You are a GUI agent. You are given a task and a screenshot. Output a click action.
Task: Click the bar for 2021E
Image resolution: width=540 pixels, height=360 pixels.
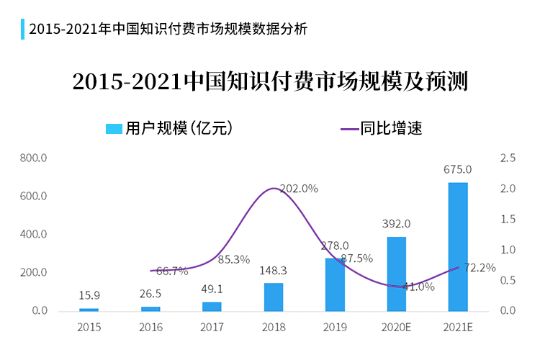click(458, 247)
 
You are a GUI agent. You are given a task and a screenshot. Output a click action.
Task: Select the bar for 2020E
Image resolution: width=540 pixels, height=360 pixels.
click(397, 274)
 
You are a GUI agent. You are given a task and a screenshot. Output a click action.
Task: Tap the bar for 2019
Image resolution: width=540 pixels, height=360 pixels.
click(335, 284)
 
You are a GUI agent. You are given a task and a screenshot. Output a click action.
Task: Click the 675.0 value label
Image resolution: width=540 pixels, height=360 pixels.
click(458, 170)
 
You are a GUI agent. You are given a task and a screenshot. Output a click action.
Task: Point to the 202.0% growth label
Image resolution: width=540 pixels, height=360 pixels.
click(298, 189)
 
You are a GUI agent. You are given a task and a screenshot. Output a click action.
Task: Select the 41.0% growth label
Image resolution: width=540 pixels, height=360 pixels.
click(418, 287)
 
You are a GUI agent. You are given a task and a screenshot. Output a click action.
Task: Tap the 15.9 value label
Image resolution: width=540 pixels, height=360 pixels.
click(89, 295)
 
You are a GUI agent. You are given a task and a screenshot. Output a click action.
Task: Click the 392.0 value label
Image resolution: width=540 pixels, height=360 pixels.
click(397, 224)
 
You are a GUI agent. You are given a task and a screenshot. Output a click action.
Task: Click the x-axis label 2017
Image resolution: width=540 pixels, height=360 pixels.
click(212, 328)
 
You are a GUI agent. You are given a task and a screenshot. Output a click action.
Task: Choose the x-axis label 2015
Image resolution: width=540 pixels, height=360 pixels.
click(89, 328)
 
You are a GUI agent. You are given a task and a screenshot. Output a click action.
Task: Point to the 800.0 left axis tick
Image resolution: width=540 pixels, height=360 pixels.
click(35, 158)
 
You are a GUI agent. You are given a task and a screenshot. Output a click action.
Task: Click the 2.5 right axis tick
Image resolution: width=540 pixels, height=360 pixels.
click(508, 158)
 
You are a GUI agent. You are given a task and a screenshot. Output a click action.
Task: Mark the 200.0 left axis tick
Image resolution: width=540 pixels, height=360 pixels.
click(35, 273)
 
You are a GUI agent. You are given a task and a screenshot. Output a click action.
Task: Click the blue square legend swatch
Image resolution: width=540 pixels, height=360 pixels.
click(114, 129)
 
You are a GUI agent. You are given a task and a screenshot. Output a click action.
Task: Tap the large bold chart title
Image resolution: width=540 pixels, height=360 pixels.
click(270, 81)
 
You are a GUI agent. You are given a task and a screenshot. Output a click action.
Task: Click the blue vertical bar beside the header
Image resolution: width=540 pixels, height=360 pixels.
click(22, 30)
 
